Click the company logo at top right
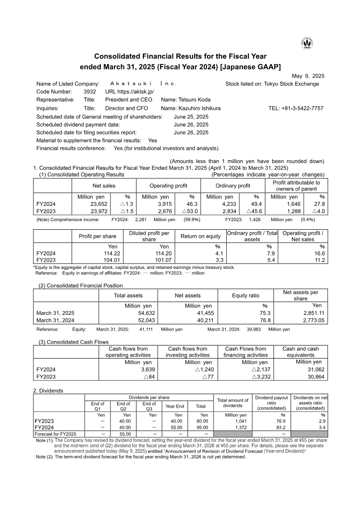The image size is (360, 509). tap(307, 43)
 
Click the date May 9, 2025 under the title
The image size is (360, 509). tap(308, 76)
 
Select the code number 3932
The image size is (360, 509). tap(90, 91)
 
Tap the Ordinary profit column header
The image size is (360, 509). tap(232, 186)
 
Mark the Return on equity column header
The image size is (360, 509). tap(201, 236)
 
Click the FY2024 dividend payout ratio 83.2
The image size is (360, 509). tap(280, 427)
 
